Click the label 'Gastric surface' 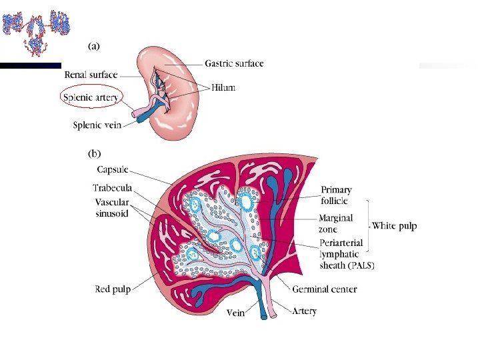pyautogui.click(x=234, y=64)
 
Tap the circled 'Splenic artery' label pyautogui.click(x=91, y=98)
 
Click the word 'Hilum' pyautogui.click(x=224, y=87)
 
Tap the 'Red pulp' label pyautogui.click(x=111, y=289)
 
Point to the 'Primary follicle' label pyautogui.click(x=336, y=195)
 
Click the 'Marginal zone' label pyautogui.click(x=335, y=223)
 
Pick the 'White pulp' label pyautogui.click(x=395, y=226)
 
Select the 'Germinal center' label pyautogui.click(x=324, y=289)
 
